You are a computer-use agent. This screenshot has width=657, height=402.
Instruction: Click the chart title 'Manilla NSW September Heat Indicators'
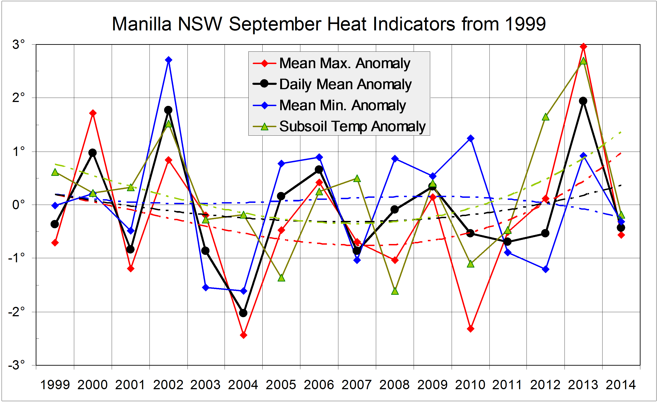click(x=328, y=24)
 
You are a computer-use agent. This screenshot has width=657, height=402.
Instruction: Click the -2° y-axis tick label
click(x=16, y=312)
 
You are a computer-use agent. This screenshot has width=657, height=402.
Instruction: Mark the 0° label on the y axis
click(x=18, y=205)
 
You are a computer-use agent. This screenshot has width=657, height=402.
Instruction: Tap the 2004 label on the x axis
click(x=243, y=385)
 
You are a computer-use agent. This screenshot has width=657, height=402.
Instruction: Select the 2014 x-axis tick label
click(x=621, y=385)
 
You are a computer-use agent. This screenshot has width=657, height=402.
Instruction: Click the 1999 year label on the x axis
click(x=55, y=385)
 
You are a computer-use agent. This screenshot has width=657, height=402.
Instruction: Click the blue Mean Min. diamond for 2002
click(x=168, y=60)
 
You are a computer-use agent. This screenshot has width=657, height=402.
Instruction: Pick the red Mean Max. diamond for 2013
click(x=583, y=47)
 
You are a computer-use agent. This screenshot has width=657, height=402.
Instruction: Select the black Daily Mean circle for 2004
click(x=243, y=313)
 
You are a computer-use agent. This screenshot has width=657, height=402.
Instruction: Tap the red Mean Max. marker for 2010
click(x=471, y=329)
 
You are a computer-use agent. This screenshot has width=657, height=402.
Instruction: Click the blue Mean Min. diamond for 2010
click(x=471, y=138)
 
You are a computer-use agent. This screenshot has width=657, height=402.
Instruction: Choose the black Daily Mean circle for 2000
click(x=92, y=153)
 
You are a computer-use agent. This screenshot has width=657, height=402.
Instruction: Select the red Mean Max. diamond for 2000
click(x=93, y=113)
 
